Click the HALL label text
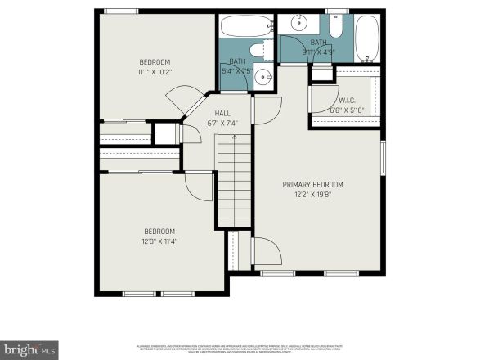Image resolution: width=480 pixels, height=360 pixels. click(222, 114)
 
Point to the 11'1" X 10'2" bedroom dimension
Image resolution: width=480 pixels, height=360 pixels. click(155, 72)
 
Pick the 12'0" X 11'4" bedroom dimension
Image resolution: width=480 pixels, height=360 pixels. click(160, 241)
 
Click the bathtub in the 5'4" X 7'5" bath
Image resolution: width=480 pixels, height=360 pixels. click(244, 29)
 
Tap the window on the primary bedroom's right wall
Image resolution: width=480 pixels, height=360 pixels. click(383, 156)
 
